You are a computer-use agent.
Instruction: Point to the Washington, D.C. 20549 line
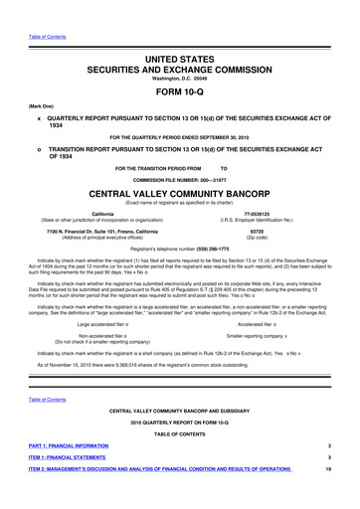click(x=180, y=50)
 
